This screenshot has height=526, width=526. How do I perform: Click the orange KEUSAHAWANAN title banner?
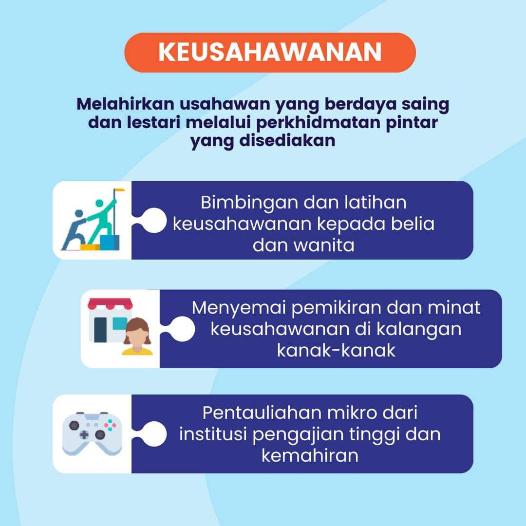coord(270,52)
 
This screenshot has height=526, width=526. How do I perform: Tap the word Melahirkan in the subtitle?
coord(125,104)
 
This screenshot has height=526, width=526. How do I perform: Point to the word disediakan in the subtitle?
coord(287,140)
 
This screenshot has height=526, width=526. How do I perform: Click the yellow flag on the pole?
coord(119,190)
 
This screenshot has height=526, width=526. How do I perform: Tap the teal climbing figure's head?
coord(99,203)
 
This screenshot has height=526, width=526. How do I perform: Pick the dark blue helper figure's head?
coord(79,214)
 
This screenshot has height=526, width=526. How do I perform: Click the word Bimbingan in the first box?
coord(249,203)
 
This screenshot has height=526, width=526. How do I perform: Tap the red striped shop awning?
coord(110,304)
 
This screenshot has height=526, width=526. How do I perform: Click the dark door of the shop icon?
coord(100,330)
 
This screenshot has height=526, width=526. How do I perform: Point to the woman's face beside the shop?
coord(137,336)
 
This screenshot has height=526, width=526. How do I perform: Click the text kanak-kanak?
coord(336,351)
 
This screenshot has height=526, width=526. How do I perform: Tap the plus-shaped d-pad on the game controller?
coord(84,435)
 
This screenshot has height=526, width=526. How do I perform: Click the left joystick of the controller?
coord(74,425)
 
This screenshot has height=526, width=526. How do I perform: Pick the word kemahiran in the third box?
coord(310,456)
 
